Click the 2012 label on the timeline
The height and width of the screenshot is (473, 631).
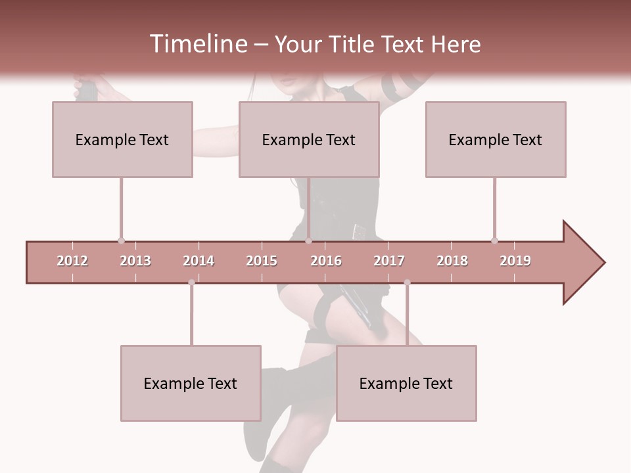(x=72, y=261)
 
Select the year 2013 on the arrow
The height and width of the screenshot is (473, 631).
(x=135, y=261)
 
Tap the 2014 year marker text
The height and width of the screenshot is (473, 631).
(x=199, y=261)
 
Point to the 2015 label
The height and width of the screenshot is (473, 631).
(x=262, y=261)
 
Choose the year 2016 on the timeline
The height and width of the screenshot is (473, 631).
(x=326, y=261)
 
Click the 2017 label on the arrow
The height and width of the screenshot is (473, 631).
(x=389, y=261)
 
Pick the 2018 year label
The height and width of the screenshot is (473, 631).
(x=452, y=261)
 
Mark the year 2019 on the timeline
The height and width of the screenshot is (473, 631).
(x=515, y=261)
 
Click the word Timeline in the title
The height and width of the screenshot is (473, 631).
(x=197, y=44)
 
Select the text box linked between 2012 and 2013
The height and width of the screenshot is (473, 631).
(x=122, y=139)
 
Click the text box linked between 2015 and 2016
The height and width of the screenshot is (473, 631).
(x=309, y=139)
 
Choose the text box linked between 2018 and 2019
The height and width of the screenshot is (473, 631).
(x=496, y=139)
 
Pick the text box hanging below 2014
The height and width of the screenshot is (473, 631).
(x=191, y=383)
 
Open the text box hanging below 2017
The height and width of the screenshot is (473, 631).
(x=406, y=383)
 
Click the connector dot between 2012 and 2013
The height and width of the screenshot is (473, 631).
(x=121, y=240)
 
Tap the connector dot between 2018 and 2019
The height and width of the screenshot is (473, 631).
(x=494, y=240)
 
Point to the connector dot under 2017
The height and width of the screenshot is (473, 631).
(x=407, y=282)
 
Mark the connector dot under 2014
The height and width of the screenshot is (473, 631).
(x=191, y=282)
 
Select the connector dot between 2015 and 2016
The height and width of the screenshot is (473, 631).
(x=308, y=240)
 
